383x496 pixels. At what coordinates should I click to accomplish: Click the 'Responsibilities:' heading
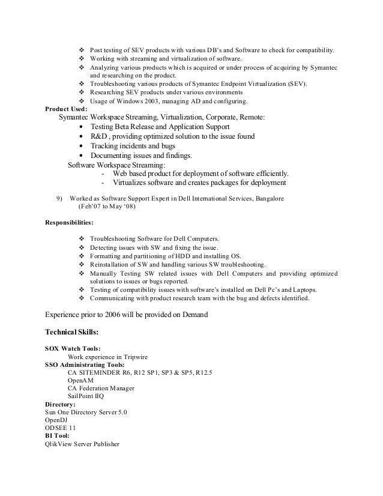point(70,222)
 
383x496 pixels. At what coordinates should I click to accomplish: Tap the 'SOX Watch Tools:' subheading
point(73,348)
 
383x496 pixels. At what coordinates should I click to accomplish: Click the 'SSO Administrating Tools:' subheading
point(85,364)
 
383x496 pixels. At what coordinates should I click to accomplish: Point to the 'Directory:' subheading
point(61,405)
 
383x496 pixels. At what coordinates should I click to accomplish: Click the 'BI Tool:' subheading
point(58,436)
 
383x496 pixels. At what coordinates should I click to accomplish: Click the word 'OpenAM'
point(80,380)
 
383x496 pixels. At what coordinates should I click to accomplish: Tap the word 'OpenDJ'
point(58,420)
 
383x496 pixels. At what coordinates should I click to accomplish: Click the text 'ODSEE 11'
point(61,428)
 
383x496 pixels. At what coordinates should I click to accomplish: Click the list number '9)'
point(59,198)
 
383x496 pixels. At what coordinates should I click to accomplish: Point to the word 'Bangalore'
point(271,198)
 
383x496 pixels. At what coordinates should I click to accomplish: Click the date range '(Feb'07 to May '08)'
point(107,207)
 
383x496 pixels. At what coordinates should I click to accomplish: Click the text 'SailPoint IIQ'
point(88,396)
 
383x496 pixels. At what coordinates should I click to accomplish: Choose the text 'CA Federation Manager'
point(101,389)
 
